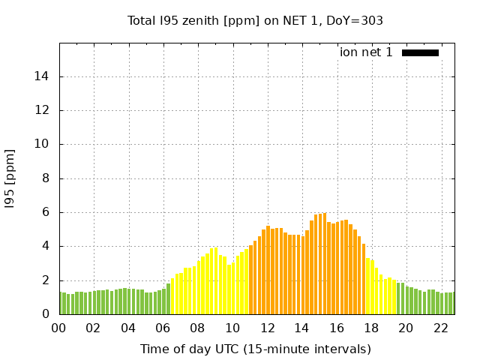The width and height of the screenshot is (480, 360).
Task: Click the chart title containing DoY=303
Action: pyautogui.click(x=255, y=20)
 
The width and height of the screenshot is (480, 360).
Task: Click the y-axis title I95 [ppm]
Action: pyautogui.click(x=10, y=178)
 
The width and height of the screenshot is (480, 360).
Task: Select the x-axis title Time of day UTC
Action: pyautogui.click(x=255, y=349)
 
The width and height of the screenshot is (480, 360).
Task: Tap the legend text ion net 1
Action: pyautogui.click(x=366, y=52)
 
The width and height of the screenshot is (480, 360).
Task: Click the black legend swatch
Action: pyautogui.click(x=420, y=52)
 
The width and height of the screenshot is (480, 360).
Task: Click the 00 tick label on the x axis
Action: pyautogui.click(x=59, y=328)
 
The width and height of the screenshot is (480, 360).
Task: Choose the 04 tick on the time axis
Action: pyautogui.click(x=128, y=328)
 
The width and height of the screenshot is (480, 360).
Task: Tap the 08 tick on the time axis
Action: pyautogui.click(x=197, y=328)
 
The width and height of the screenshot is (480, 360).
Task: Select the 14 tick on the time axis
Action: pyautogui.click(x=301, y=328)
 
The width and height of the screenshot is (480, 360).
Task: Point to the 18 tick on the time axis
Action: pyautogui.click(x=370, y=328)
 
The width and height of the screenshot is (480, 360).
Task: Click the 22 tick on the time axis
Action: pyautogui.click(x=439, y=328)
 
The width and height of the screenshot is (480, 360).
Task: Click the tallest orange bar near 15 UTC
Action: pyautogui.click(x=325, y=263)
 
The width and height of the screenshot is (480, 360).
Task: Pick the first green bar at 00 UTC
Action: pyautogui.click(x=61, y=303)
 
